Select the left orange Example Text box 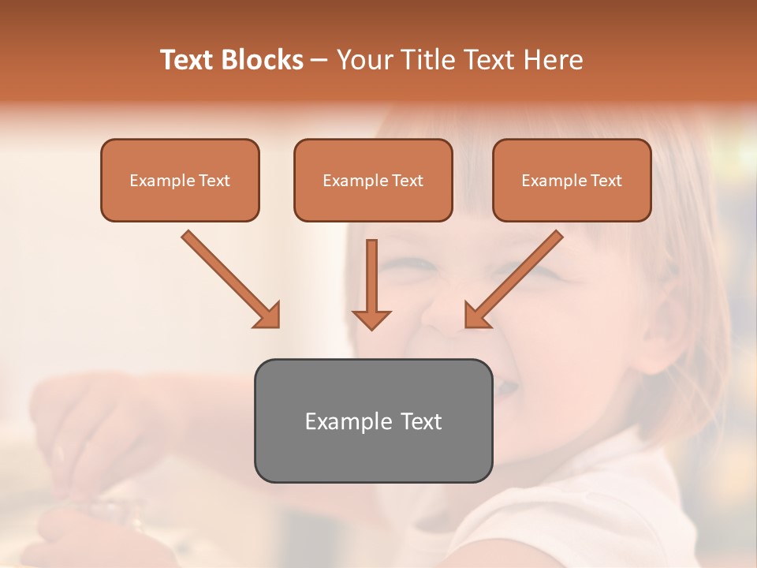tap(180, 181)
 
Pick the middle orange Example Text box tap(373, 181)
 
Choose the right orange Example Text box tap(572, 181)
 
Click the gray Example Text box tap(373, 421)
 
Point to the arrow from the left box tap(229, 277)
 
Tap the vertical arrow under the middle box tap(371, 280)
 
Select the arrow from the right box tap(516, 277)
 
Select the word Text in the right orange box tap(606, 181)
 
